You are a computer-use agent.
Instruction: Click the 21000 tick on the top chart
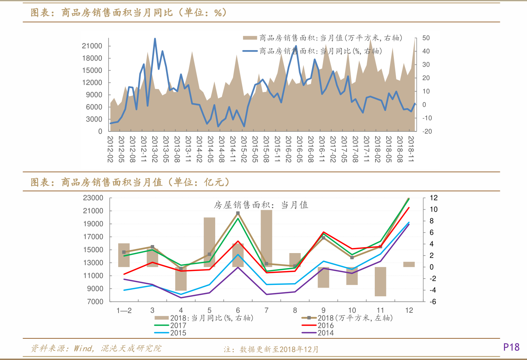tap(92, 46)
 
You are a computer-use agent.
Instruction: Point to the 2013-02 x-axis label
tap(155, 149)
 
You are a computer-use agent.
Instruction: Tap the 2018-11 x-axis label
tap(411, 149)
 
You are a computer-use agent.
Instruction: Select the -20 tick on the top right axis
tap(427, 131)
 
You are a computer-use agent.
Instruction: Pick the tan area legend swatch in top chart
tap(250, 38)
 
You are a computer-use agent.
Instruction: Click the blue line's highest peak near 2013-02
tap(155, 39)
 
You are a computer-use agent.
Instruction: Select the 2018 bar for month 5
tap(209, 242)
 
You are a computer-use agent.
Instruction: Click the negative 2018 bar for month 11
tap(380, 281)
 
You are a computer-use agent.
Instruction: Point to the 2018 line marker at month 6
tap(238, 213)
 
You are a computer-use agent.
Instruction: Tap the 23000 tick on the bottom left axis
tap(93, 198)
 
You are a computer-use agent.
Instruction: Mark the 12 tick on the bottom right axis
tap(434, 198)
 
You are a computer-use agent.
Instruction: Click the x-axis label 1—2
tap(124, 311)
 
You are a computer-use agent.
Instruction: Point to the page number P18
tap(511, 347)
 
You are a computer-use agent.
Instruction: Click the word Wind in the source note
tap(83, 348)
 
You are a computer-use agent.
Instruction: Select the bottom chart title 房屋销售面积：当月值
tap(261, 205)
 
